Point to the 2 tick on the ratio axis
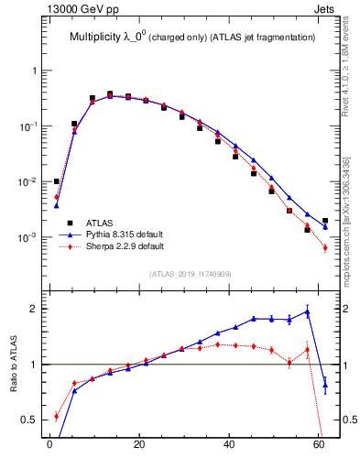click(35, 309)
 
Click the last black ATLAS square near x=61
click(325, 221)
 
